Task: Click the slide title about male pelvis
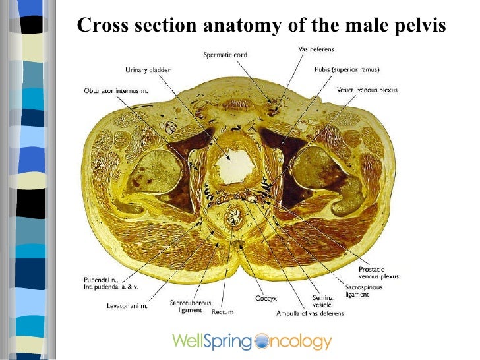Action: tap(262, 26)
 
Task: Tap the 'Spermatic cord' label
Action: tap(225, 55)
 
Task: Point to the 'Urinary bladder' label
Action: tap(147, 69)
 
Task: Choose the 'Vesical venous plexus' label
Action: tap(367, 90)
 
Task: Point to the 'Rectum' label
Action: tap(222, 312)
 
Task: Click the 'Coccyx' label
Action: tap(266, 299)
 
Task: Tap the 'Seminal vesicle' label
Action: tap(324, 301)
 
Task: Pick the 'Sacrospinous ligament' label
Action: tap(363, 291)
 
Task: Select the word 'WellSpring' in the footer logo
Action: tap(212, 342)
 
